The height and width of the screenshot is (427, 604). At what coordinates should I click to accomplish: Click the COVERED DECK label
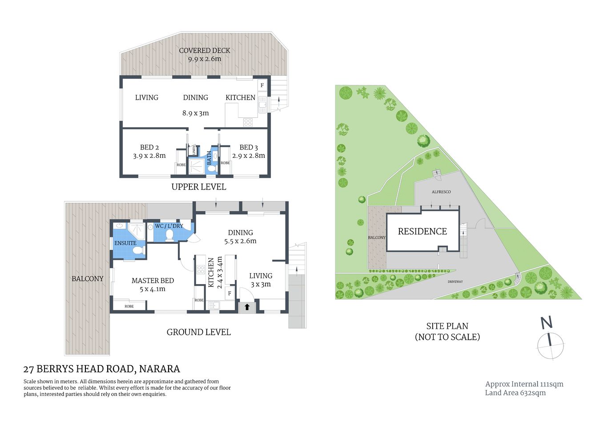pos(205,50)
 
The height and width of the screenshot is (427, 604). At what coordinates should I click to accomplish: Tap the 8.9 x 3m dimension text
pos(195,113)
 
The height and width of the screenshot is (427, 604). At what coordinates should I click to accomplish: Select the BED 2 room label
pos(149,147)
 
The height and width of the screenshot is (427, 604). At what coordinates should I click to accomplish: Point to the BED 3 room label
pos(249,147)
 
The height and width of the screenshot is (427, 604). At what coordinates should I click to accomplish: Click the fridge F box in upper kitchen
pos(262,85)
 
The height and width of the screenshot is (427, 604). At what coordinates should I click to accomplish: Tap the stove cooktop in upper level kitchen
pos(248,122)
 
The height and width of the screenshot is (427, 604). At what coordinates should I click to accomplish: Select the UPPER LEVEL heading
pos(198,187)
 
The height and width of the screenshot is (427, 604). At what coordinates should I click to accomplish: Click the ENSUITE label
pos(125,243)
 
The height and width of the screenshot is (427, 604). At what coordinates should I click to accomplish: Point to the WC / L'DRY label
pos(169,226)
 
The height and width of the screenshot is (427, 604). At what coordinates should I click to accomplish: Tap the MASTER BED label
pos(153,280)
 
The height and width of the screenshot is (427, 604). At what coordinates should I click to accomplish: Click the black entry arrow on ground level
pos(247,307)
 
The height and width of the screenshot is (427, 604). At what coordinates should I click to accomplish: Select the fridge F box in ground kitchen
pos(230,293)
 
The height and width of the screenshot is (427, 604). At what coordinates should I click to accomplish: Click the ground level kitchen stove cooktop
pos(201,269)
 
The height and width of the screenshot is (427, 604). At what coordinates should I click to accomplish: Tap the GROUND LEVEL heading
pos(198,332)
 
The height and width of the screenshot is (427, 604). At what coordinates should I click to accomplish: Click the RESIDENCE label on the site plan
pos(422,231)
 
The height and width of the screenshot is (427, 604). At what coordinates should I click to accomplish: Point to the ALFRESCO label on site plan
pos(441,192)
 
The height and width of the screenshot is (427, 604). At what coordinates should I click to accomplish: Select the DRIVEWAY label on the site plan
pos(455,282)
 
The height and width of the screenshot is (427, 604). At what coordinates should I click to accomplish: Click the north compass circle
pos(551,346)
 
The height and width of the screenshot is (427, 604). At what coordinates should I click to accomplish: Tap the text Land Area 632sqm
pos(515,393)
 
